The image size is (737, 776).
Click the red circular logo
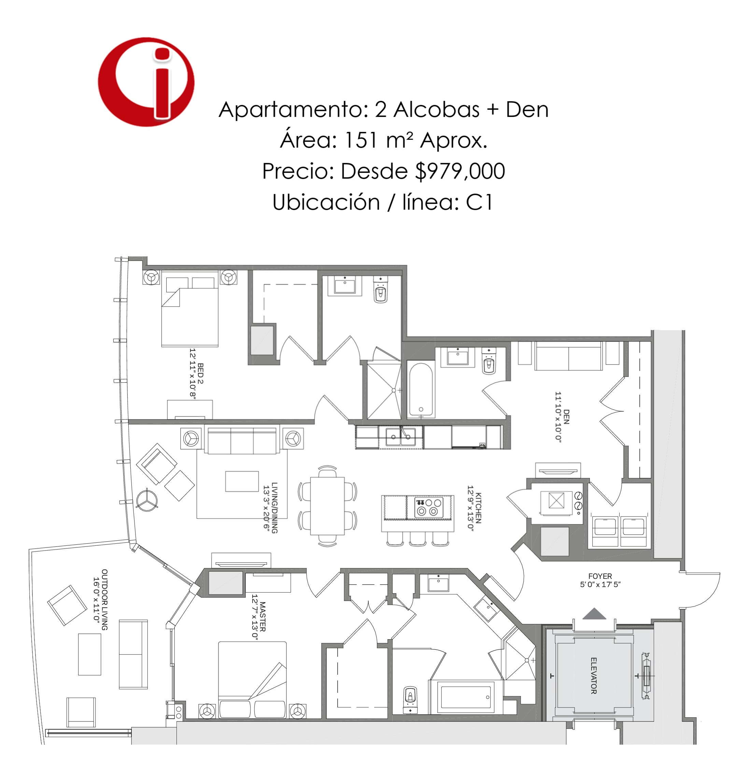coord(146,82)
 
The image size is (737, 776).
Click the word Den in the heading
coord(527,109)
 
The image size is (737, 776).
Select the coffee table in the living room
coord(242,481)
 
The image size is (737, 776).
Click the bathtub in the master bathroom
coord(466,697)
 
